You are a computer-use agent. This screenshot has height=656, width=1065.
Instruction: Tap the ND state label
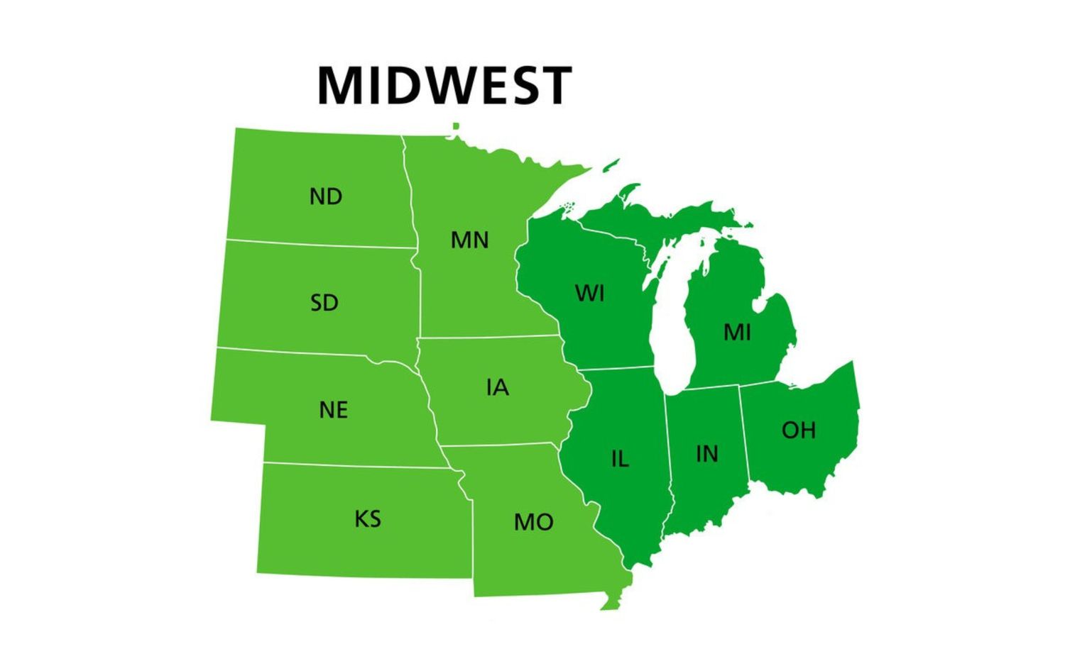coord(326,196)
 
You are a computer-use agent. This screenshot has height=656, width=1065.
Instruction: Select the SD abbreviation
coord(324,303)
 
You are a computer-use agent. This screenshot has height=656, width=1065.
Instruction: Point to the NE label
coord(333,410)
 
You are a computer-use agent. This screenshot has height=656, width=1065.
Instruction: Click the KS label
coord(368,519)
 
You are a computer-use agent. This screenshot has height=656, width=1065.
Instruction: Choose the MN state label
coord(469,240)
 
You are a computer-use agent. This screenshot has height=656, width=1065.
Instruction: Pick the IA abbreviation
coord(498,387)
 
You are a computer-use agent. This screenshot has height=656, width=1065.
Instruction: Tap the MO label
coord(533,523)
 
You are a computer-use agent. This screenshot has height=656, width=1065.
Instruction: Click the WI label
coord(589,293)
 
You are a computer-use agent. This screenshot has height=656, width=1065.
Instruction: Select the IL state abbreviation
coord(620,460)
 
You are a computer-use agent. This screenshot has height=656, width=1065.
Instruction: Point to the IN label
coord(706,454)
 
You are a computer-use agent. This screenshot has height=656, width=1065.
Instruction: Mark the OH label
coord(798,430)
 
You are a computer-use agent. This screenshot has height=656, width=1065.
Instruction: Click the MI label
coord(737,332)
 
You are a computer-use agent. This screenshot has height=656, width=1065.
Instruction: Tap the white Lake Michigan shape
coord(671,333)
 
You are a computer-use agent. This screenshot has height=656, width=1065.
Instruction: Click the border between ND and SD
coord(319,245)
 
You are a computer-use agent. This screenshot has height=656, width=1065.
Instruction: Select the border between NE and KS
coord(355,466)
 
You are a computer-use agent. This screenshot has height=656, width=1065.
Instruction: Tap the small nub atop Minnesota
coord(456,127)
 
